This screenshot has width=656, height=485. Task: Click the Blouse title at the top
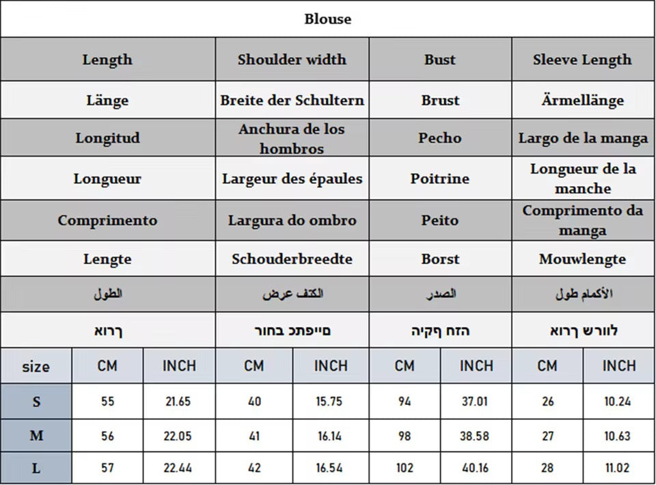(x=328, y=19)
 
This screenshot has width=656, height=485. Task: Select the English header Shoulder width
(x=292, y=60)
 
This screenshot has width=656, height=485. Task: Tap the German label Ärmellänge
(x=582, y=101)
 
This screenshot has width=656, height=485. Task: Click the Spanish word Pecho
(x=439, y=138)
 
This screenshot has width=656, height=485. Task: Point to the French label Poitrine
(x=439, y=179)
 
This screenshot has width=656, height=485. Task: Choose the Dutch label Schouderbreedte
(x=292, y=259)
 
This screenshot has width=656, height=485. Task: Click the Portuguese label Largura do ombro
(x=292, y=221)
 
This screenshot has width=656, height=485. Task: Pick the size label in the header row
(x=36, y=367)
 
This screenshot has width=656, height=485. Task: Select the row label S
(x=36, y=402)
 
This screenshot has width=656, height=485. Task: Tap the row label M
(x=36, y=436)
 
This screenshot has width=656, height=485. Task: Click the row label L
(x=36, y=469)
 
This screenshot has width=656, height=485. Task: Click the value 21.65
(x=178, y=402)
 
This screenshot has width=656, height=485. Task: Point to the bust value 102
(x=405, y=469)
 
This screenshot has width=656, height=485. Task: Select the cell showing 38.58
(x=476, y=436)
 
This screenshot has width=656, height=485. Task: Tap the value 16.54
(x=331, y=469)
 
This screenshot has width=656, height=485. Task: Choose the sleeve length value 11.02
(x=618, y=469)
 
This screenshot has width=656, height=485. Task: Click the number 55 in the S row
(x=107, y=402)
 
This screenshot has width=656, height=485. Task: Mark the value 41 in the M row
(x=254, y=436)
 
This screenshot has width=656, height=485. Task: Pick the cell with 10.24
(x=618, y=402)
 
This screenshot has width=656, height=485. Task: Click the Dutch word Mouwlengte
(x=582, y=259)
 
